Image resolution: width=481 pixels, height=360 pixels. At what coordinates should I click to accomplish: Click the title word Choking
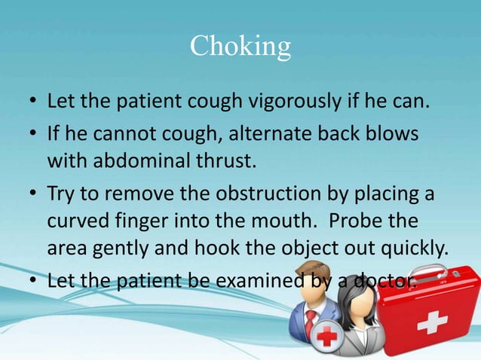[x=240, y=46]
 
